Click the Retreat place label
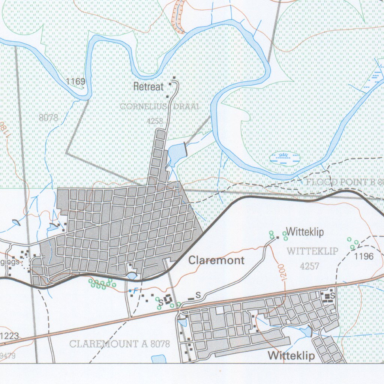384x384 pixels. click(x=149, y=87)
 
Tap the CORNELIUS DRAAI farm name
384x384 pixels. click(x=159, y=107)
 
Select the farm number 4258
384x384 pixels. click(x=156, y=121)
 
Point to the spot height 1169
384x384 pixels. click(x=76, y=81)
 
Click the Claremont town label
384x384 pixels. click(x=216, y=260)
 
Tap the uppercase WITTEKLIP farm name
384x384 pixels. click(x=312, y=251)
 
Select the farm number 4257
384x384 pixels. click(x=310, y=266)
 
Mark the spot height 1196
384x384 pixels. click(x=364, y=256)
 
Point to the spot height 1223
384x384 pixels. click(x=9, y=336)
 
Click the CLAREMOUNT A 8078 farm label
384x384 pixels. click(x=120, y=344)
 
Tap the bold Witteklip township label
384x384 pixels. click(x=291, y=355)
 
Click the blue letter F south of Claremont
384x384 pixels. click(x=136, y=290)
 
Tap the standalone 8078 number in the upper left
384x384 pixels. click(x=48, y=118)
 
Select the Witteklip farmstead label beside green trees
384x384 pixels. click(x=304, y=232)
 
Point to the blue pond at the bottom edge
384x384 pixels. click(x=159, y=359)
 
